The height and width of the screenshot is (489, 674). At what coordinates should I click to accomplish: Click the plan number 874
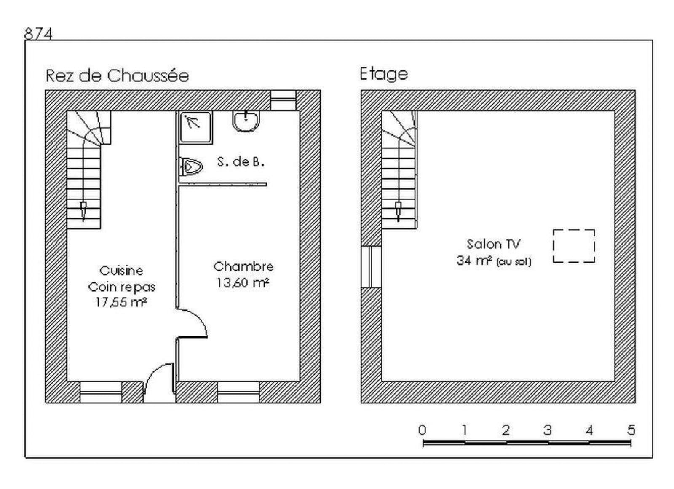click(x=38, y=33)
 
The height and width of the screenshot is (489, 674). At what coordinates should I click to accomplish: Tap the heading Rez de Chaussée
click(x=118, y=75)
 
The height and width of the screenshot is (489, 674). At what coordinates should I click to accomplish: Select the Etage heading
click(x=384, y=74)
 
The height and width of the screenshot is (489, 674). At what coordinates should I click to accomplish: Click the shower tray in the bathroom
click(x=195, y=127)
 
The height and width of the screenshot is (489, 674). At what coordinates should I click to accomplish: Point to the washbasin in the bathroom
click(x=246, y=121)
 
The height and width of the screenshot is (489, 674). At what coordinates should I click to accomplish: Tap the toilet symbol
click(x=190, y=166)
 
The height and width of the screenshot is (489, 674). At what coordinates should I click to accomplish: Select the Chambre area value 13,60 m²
click(x=243, y=283)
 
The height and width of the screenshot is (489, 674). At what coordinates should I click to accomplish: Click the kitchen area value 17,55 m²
click(x=121, y=302)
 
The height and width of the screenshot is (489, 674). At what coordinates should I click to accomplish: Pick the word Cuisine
click(x=121, y=270)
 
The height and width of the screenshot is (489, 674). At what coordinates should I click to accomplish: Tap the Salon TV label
click(x=493, y=244)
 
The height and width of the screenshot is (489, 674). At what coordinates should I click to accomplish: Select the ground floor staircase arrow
click(x=83, y=211)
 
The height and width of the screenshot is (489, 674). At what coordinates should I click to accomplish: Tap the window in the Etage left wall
click(x=371, y=267)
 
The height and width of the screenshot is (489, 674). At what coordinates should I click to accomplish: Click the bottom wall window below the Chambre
click(x=238, y=392)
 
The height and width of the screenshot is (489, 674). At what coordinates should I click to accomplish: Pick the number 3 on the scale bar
click(x=547, y=430)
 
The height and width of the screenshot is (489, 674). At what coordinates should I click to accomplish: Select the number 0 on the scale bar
click(x=422, y=430)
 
